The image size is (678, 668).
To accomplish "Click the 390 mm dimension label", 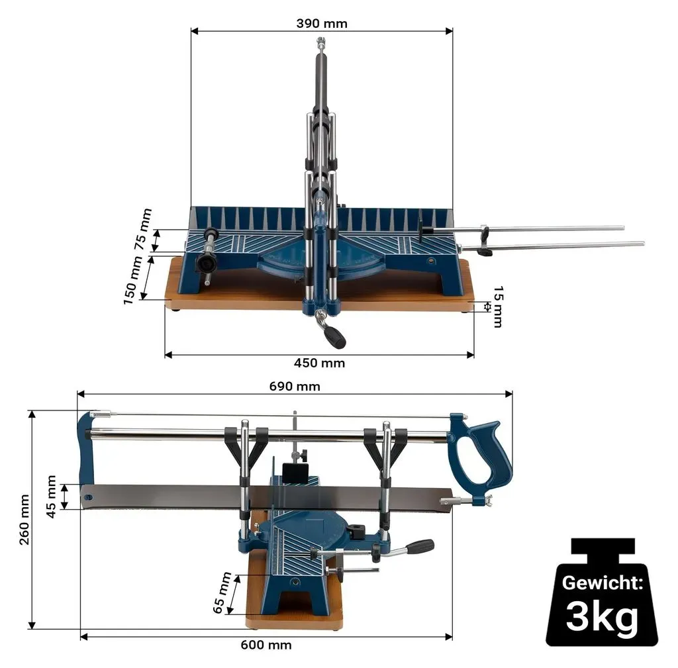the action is click(322, 23).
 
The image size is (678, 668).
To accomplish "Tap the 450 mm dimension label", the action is click(320, 363).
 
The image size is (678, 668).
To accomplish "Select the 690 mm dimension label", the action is click(295, 386).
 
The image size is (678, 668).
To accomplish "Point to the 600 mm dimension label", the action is click(266, 645).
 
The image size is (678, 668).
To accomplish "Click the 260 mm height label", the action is click(24, 520).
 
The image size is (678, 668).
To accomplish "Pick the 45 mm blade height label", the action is click(51, 497).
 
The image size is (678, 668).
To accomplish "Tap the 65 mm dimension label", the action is click(222, 593).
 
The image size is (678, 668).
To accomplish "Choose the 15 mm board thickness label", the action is click(498, 307).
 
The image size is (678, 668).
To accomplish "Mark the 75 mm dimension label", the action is click(143, 229).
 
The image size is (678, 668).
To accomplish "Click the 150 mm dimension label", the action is click(132, 280).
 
